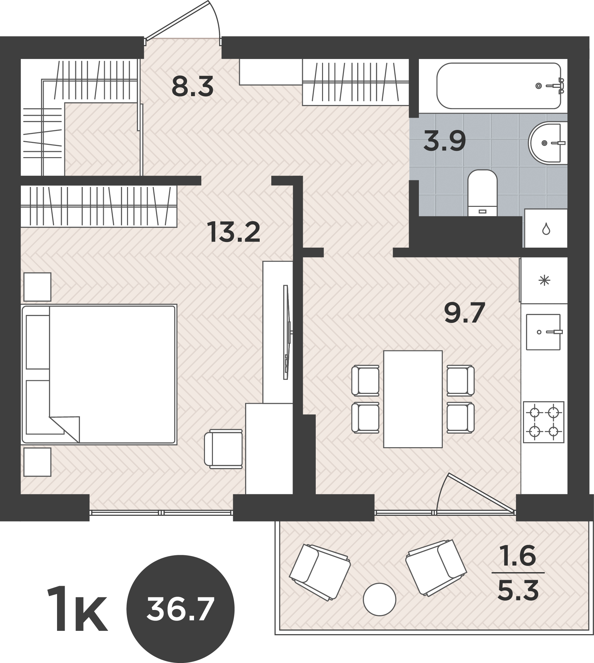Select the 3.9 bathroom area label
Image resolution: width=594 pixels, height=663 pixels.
click(x=445, y=141)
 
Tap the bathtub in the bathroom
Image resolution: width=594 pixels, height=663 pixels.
click(x=501, y=86)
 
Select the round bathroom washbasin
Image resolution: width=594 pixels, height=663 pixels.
click(x=548, y=143)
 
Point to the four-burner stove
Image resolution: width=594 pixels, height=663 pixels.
click(x=544, y=422)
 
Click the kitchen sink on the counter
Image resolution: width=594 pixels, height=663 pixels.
click(x=543, y=332)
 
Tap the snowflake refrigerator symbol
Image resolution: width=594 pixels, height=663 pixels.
click(x=544, y=281)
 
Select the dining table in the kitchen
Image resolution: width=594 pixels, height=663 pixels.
click(x=413, y=399)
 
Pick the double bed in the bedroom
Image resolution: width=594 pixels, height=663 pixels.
click(x=99, y=374)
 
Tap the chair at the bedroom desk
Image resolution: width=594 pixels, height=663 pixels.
click(x=223, y=449)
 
